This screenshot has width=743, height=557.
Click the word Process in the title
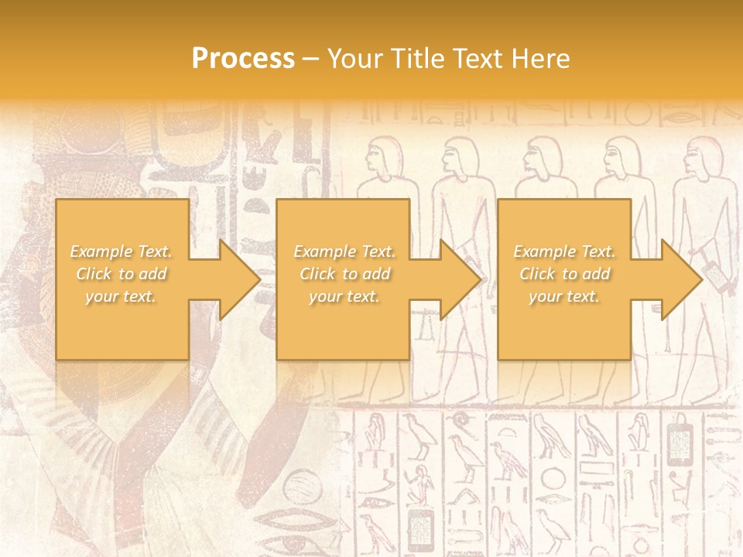coord(243,59)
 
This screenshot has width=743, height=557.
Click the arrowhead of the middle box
coord(461,279)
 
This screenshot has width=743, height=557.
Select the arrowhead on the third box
coord(682,279)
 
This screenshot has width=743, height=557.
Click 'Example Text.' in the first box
coord(122,251)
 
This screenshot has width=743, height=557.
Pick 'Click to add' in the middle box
coord(344,274)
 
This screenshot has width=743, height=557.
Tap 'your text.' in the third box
coord(564,296)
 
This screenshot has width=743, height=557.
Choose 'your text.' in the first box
coord(122,296)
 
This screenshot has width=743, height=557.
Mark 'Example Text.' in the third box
coord(564,251)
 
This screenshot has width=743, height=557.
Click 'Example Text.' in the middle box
coord(344,251)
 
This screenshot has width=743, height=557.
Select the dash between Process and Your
coord(310,59)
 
